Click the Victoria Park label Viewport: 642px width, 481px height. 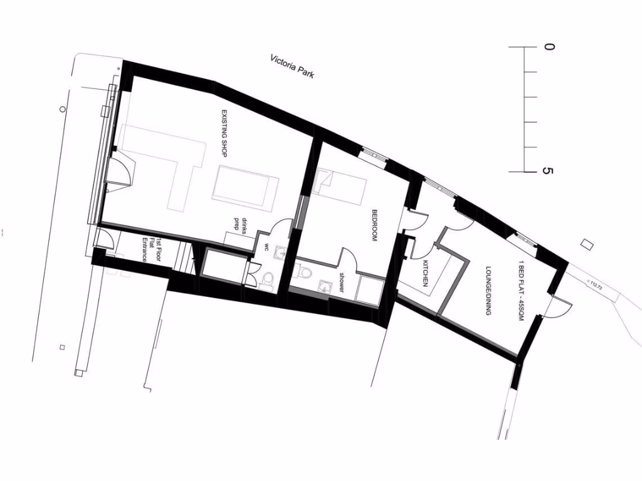click(x=292, y=67)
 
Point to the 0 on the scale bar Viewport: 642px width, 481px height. click(x=549, y=47)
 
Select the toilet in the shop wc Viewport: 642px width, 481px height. click(x=266, y=277)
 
